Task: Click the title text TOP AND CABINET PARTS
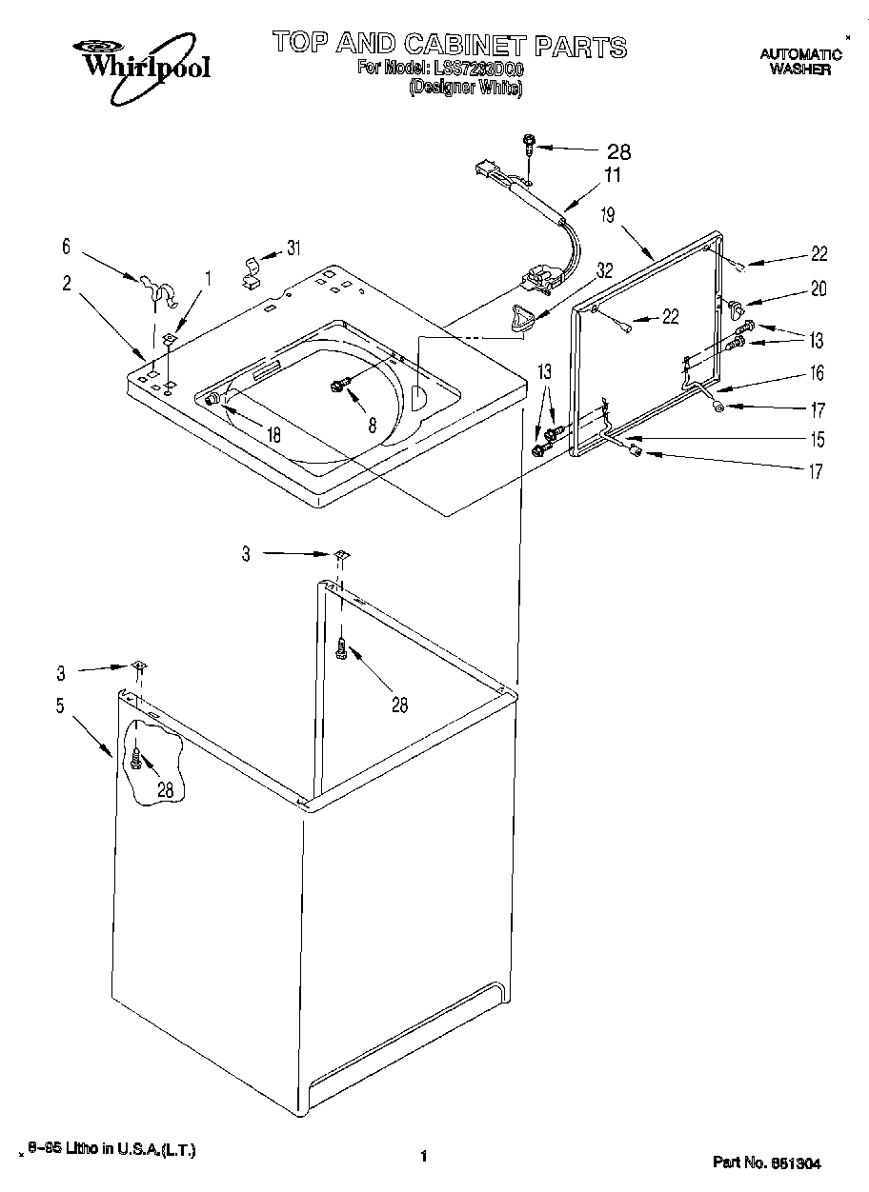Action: (x=449, y=45)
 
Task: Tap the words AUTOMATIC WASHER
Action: (x=800, y=62)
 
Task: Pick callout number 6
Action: (x=66, y=246)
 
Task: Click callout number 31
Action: (x=293, y=248)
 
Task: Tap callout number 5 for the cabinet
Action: (x=59, y=706)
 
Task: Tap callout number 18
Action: (x=273, y=435)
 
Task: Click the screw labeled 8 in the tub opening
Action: (x=337, y=384)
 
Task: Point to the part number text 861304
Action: (x=796, y=1162)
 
